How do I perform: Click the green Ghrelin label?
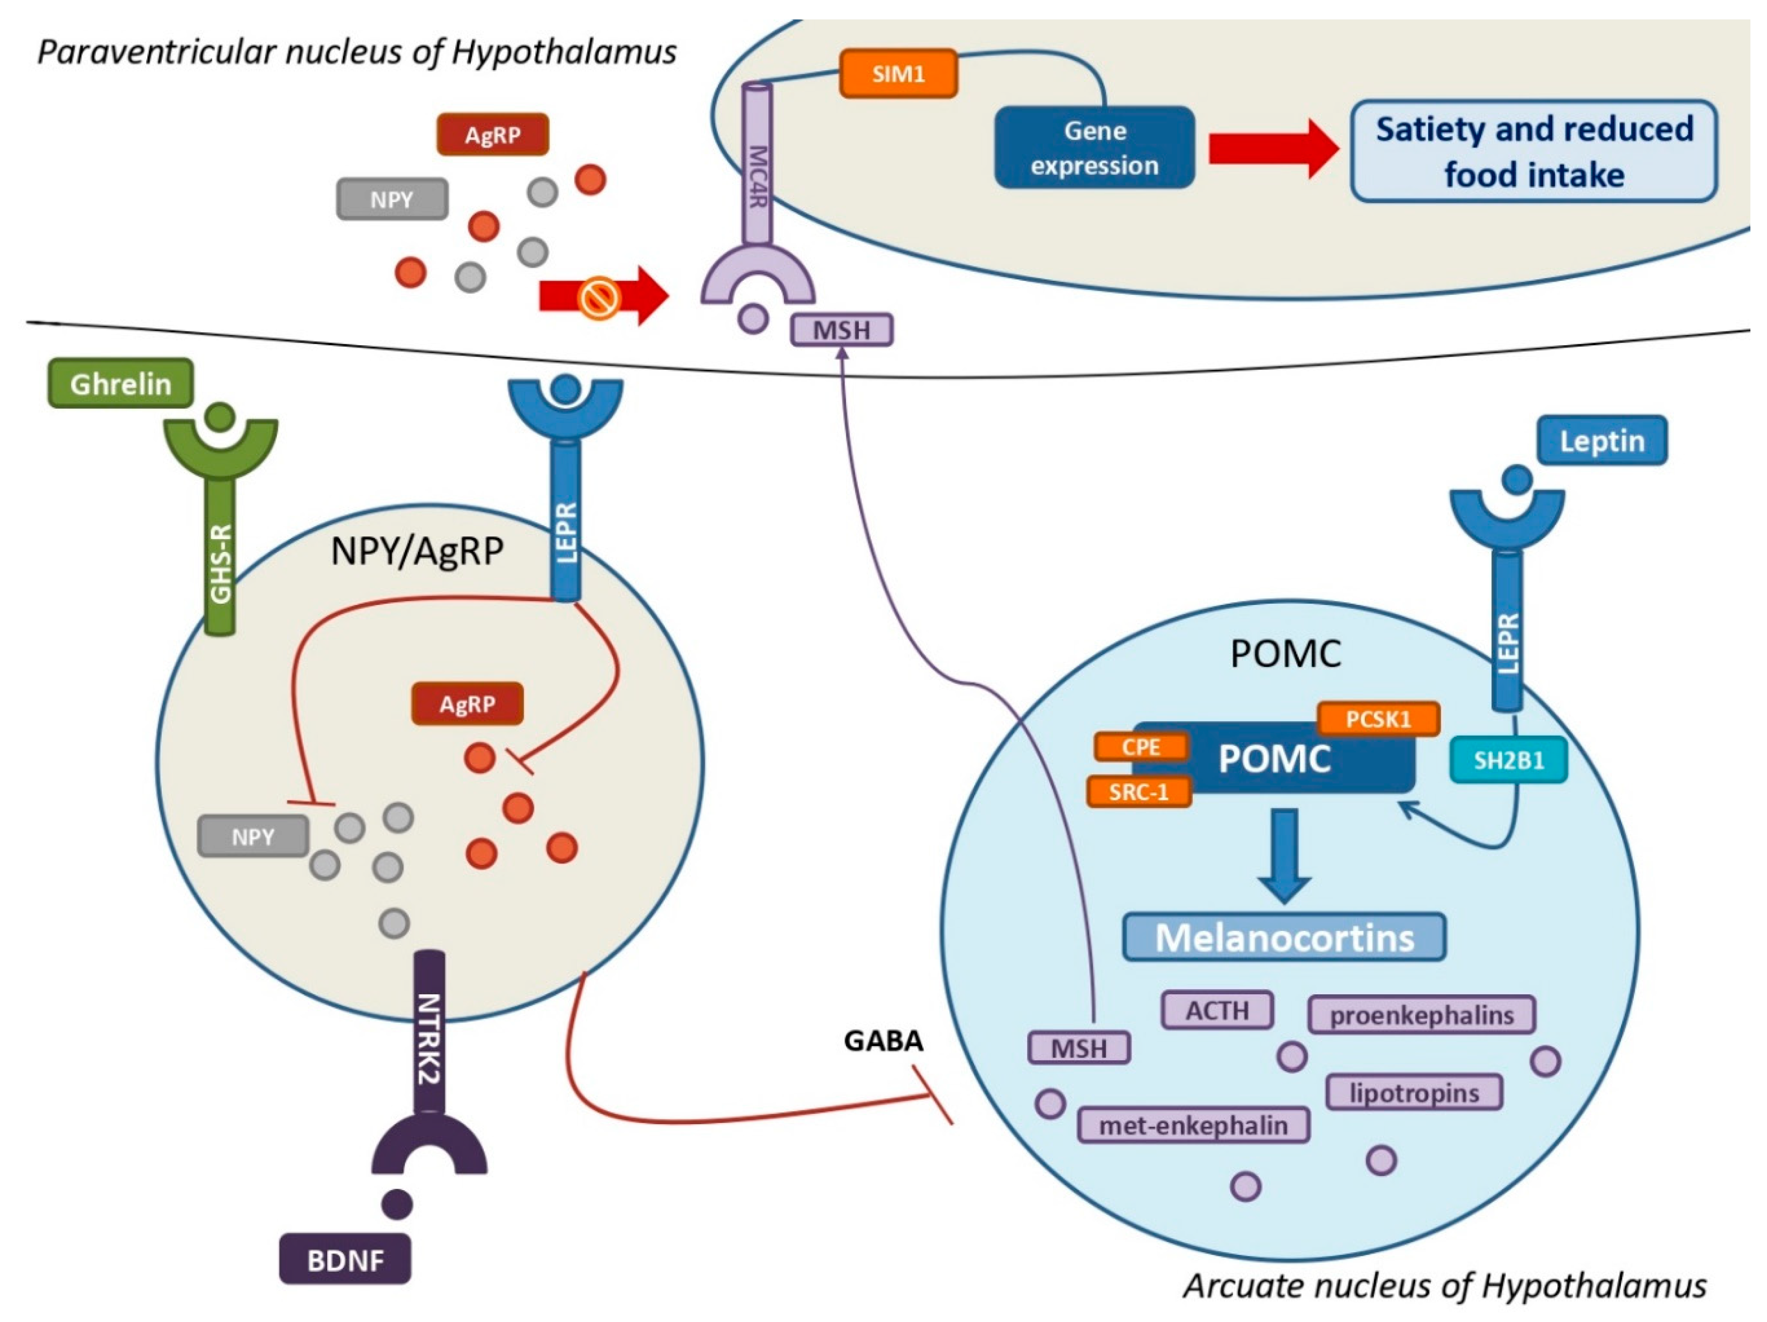point(120,384)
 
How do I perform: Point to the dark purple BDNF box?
point(345,1260)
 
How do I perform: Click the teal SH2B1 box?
point(1508,760)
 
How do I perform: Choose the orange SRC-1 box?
point(1138,791)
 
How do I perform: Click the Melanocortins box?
point(1285,937)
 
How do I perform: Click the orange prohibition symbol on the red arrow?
point(599,298)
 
